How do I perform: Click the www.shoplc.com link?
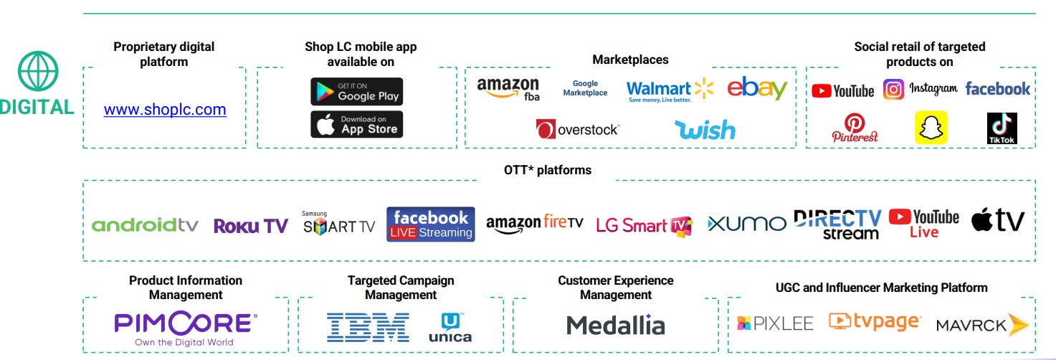click(x=165, y=110)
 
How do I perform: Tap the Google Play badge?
click(x=356, y=92)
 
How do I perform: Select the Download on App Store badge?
click(x=356, y=124)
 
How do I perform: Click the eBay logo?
click(x=757, y=88)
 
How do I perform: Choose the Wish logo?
click(x=705, y=130)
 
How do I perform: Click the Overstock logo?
click(x=578, y=130)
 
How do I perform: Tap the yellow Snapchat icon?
click(x=931, y=128)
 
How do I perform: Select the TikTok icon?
click(x=1002, y=128)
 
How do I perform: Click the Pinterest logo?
click(x=855, y=128)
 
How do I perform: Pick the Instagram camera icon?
click(x=893, y=90)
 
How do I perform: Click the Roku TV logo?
click(x=250, y=226)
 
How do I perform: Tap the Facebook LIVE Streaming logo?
click(x=430, y=224)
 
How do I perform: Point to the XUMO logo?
click(x=746, y=224)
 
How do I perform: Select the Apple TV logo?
click(x=998, y=221)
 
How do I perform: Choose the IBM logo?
click(x=368, y=326)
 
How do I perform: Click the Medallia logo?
click(x=616, y=326)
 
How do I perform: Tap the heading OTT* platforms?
click(x=548, y=171)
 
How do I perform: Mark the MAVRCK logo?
click(x=981, y=325)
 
